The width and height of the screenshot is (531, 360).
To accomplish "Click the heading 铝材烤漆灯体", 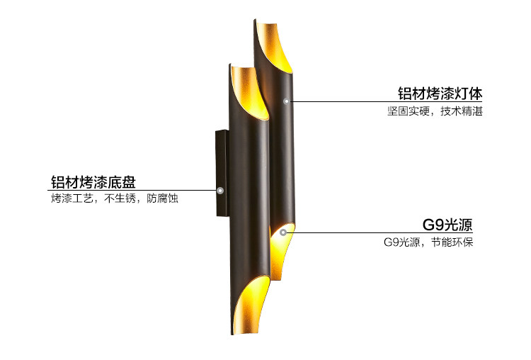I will click(x=440, y=94).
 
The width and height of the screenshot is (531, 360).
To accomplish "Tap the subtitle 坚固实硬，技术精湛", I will click(x=435, y=111).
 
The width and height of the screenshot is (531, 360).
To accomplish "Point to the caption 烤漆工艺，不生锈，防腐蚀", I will click(x=114, y=199).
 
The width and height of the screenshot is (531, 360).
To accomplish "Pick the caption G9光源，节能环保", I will click(x=428, y=242).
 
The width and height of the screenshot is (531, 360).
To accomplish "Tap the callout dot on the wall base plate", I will click(x=220, y=191).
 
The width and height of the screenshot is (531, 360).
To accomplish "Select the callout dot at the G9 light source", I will click(x=282, y=231).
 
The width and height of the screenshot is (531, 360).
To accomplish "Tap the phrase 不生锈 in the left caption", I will click(x=120, y=199).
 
